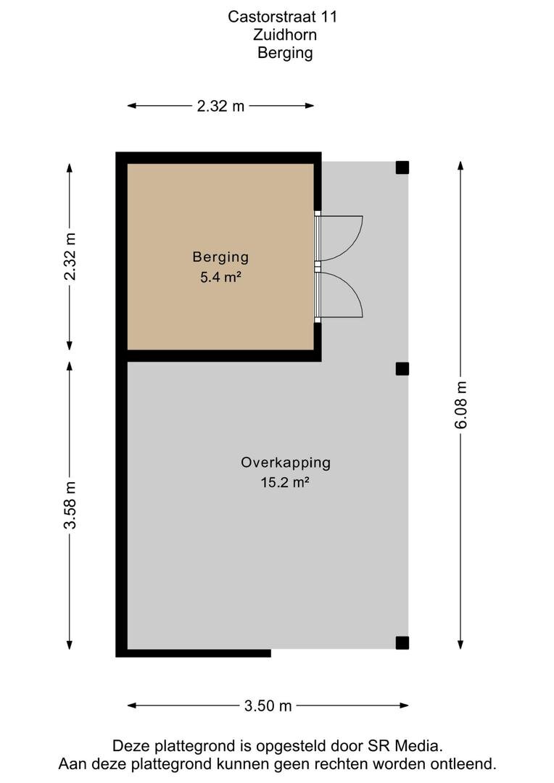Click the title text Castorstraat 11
pyautogui.click(x=282, y=17)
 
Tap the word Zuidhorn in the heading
pyautogui.click(x=285, y=35)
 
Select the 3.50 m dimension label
pyautogui.click(x=268, y=705)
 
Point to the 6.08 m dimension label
pyautogui.click(x=460, y=405)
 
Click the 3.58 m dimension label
pyautogui.click(x=70, y=505)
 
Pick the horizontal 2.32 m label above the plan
pyautogui.click(x=220, y=106)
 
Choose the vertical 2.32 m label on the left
pyautogui.click(x=70, y=256)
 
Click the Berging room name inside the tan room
pyautogui.click(x=220, y=257)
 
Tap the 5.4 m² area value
pyautogui.click(x=220, y=277)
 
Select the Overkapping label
pyautogui.click(x=286, y=463)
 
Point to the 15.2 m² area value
pyautogui.click(x=285, y=482)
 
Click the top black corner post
pyautogui.click(x=402, y=167)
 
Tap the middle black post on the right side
pyautogui.click(x=402, y=368)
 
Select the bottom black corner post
pyautogui.click(x=402, y=642)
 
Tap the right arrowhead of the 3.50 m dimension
pyautogui.click(x=405, y=705)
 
